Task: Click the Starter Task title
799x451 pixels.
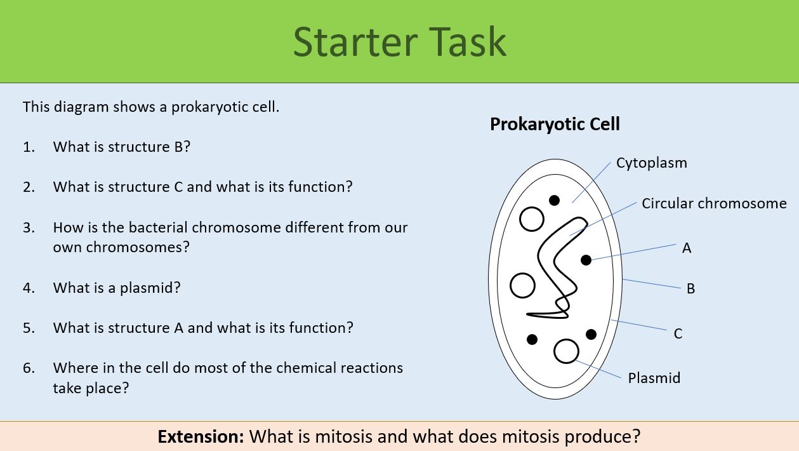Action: [400, 42]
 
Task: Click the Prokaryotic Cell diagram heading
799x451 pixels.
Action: [555, 124]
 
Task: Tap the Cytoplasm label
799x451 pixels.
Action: [651, 163]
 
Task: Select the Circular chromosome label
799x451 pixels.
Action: [713, 203]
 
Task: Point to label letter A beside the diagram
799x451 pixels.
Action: [686, 248]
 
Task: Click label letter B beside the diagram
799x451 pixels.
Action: [690, 288]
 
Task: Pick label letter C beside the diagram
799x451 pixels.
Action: [678, 333]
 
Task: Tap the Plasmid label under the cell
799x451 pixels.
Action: [654, 378]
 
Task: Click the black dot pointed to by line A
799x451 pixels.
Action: [586, 260]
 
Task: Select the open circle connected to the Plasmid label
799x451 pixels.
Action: [566, 351]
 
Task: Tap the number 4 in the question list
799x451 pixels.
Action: [28, 288]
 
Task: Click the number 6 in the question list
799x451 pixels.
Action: [28, 368]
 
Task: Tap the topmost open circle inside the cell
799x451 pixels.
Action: [532, 219]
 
